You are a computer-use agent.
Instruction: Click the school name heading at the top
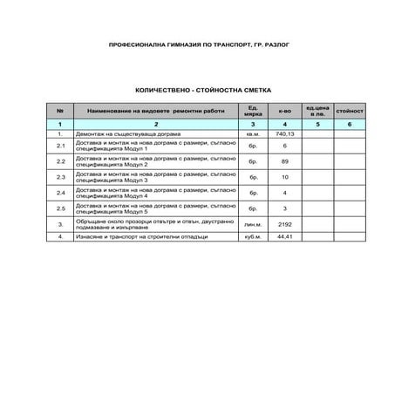[196, 44]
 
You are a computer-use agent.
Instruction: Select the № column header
[60, 112]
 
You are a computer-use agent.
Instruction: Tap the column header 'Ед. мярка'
[253, 112]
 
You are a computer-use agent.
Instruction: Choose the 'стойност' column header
[349, 112]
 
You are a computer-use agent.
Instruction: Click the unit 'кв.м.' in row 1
[253, 135]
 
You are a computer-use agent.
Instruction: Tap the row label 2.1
[60, 146]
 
